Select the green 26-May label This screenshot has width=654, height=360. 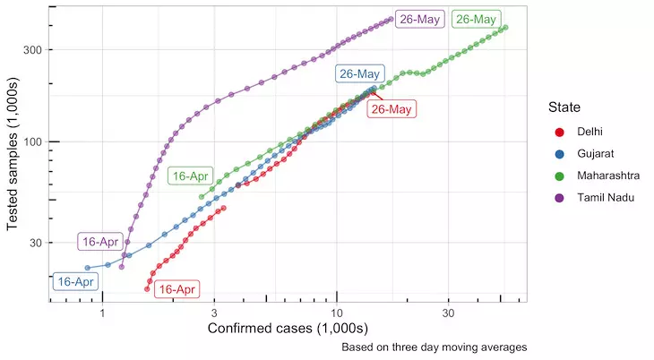pos(476,19)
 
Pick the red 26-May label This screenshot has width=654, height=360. pos(392,109)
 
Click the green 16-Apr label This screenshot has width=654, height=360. pos(191,176)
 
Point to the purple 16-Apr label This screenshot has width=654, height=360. pos(100,242)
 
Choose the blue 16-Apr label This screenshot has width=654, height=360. pos(75,281)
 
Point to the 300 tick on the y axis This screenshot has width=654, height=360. pos(31,49)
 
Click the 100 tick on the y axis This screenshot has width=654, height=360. pos(31,141)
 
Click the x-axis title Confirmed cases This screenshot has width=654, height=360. pos(287,329)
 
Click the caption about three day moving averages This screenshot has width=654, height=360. pos(434,347)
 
